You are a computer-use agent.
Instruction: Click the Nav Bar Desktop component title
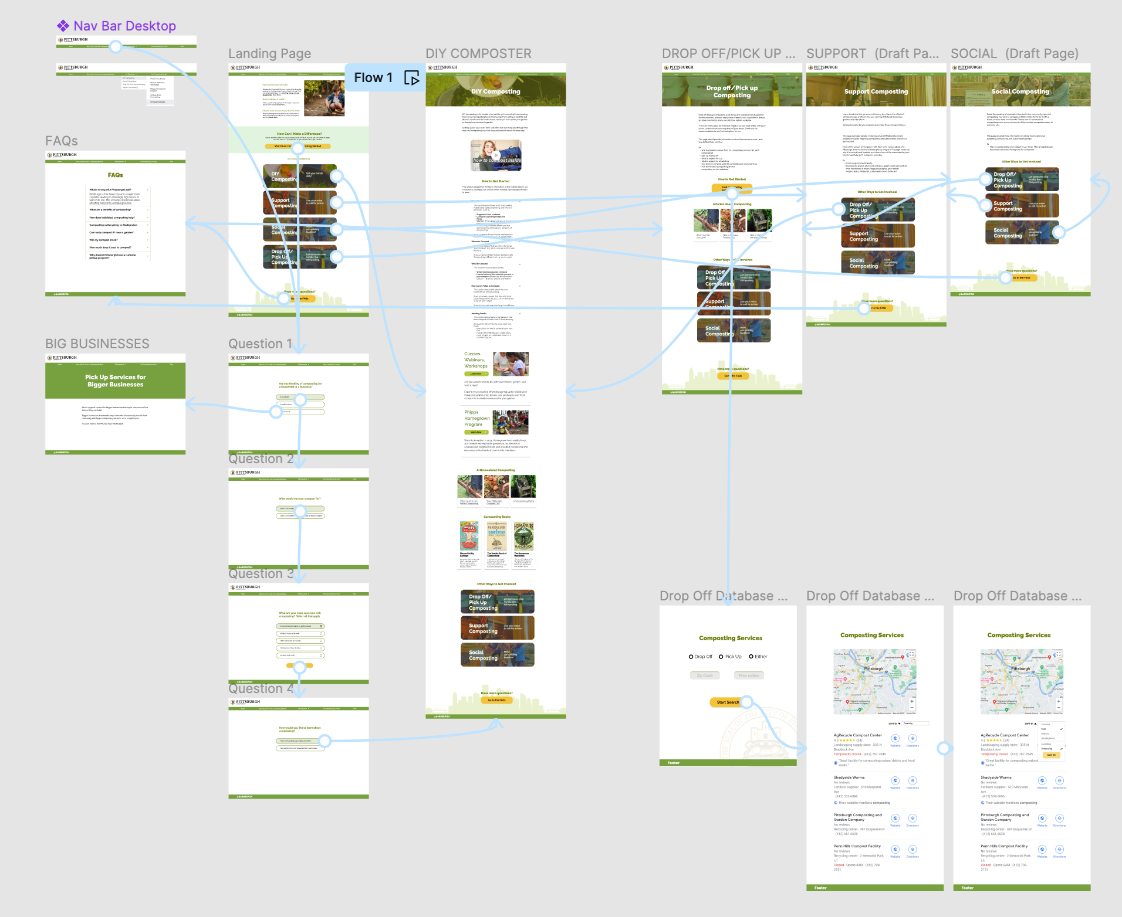click(x=124, y=26)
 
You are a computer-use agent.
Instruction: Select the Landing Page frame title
click(x=269, y=54)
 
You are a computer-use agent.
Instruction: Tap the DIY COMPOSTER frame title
click(x=478, y=54)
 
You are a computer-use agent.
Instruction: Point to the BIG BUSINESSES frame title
click(x=97, y=344)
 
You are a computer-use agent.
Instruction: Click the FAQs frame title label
click(x=62, y=141)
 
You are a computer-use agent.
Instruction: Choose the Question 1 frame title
click(x=260, y=344)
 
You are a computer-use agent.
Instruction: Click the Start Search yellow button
click(x=728, y=702)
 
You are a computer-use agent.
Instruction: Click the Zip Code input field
click(x=704, y=675)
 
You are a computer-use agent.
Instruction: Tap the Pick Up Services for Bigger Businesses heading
click(x=115, y=381)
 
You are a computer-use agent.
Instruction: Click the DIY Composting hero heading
click(x=495, y=91)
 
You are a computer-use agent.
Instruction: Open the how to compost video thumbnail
click(x=496, y=155)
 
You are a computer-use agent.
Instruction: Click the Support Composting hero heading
click(x=876, y=91)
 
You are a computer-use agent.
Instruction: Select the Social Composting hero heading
click(x=1020, y=91)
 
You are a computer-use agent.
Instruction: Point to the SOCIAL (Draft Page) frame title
click(x=1014, y=54)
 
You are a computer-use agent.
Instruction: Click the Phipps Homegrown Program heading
click(x=476, y=418)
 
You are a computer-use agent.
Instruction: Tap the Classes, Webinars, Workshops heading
click(x=475, y=360)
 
